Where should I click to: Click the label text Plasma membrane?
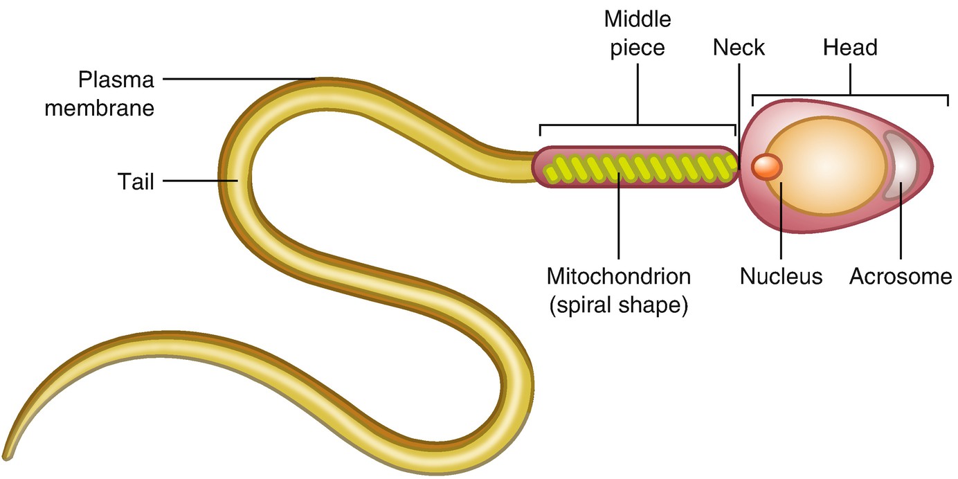(x=100, y=93)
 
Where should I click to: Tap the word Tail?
(x=136, y=182)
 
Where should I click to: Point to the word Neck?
(x=739, y=47)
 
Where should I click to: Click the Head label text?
(x=850, y=47)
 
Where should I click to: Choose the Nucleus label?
(x=781, y=276)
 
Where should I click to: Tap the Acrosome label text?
(x=901, y=276)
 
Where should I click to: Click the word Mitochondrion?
(x=618, y=276)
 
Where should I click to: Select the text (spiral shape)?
(x=618, y=305)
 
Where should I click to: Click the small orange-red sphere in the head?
(x=767, y=167)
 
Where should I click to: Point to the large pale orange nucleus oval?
(x=827, y=167)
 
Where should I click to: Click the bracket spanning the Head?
(x=850, y=95)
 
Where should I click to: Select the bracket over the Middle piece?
(x=637, y=125)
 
